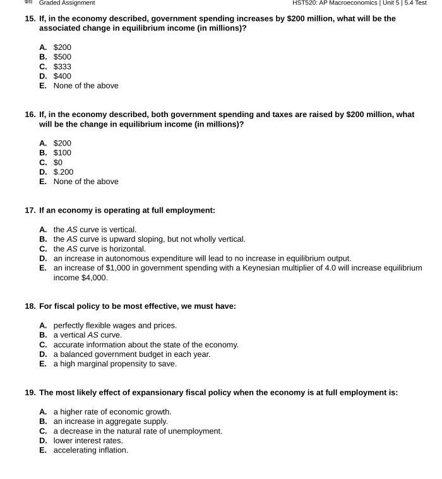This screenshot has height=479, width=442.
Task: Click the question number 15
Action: (30, 18)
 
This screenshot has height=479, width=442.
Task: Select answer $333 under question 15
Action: (62, 66)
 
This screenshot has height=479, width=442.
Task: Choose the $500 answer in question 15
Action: (62, 57)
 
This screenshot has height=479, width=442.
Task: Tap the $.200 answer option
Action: (63, 172)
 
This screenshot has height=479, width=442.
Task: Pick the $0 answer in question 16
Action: (58, 163)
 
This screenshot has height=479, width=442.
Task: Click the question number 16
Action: (30, 115)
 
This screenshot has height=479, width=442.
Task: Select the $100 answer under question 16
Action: (62, 153)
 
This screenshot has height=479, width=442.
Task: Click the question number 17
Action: (30, 210)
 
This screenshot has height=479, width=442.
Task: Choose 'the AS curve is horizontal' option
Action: (99, 249)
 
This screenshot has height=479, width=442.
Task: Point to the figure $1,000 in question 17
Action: (118, 268)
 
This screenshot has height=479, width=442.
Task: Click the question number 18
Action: (30, 306)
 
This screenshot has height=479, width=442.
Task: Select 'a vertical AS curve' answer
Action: (87, 335)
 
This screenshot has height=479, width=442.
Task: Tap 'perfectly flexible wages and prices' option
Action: (114, 326)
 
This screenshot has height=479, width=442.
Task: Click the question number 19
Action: (30, 392)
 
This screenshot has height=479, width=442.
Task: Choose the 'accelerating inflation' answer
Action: (90, 451)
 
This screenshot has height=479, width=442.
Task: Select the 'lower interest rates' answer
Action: (88, 441)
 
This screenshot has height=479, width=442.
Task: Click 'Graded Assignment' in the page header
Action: (67, 3)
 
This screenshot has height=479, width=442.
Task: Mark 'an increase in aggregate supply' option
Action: (110, 421)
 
